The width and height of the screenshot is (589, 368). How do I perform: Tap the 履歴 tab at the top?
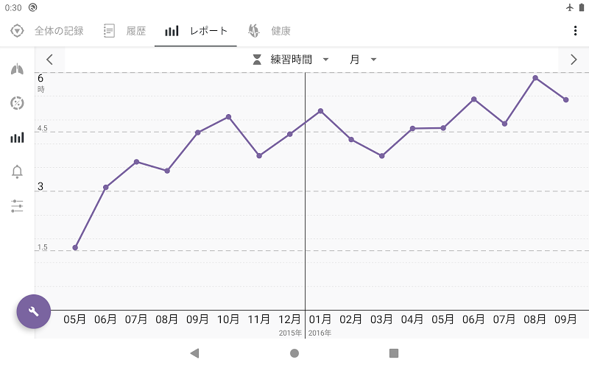pos(125,31)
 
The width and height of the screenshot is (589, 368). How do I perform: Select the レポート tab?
pos(196,31)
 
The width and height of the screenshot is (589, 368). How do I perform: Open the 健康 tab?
pos(269,31)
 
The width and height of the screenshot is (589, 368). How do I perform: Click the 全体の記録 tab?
pos(47,31)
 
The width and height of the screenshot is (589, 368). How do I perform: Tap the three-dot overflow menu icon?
pos(575,31)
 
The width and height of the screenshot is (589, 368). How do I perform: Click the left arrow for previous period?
pos(49,60)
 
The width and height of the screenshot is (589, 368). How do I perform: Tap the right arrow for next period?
pos(574,60)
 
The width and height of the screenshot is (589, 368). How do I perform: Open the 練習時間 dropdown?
pos(291,60)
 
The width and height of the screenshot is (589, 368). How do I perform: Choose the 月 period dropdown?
pos(363,60)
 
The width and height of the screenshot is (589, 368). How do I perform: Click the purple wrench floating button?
pos(33,311)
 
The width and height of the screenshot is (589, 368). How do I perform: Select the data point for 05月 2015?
pos(75,247)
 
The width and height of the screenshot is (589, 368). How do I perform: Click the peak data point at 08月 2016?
pos(535,77)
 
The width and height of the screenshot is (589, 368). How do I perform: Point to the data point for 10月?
pos(228,116)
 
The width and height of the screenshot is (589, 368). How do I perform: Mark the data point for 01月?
pos(320,110)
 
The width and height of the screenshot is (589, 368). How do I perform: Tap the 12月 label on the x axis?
pos(290,319)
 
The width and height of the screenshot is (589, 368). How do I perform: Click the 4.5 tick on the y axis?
pos(42,129)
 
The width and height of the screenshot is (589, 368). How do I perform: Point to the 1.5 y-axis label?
pos(42,247)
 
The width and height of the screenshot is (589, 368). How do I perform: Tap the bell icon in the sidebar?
pos(17,171)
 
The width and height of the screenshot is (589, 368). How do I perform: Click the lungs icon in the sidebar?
pos(17,69)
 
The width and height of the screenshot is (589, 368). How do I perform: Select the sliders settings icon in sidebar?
pos(17,206)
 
